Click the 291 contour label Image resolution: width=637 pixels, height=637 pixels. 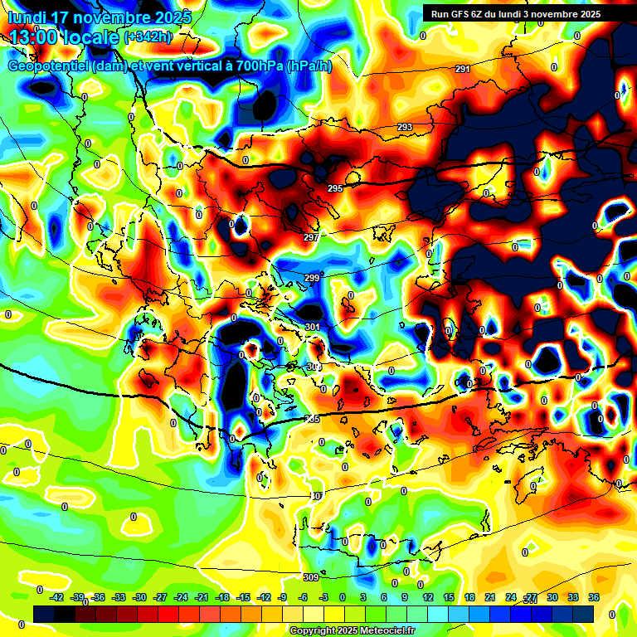(x=463, y=69)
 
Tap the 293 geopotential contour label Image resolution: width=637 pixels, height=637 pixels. (x=405, y=127)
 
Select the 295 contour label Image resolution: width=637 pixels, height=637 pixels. (x=335, y=189)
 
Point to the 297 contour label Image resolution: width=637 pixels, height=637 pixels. (x=311, y=237)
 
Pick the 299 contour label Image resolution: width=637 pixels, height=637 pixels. (x=312, y=278)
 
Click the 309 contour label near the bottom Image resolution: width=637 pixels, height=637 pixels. (x=311, y=577)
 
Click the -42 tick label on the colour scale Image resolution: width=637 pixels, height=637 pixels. (x=57, y=597)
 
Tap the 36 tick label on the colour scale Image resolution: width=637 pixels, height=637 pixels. (x=594, y=597)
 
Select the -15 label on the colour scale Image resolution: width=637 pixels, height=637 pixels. (x=244, y=597)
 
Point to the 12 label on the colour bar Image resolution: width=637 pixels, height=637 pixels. (x=428, y=597)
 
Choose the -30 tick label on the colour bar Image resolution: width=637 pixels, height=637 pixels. (x=140, y=597)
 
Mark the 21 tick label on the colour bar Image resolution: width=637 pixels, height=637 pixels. (x=490, y=597)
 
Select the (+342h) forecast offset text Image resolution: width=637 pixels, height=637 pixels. (x=148, y=37)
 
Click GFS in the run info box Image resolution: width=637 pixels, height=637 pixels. (x=461, y=14)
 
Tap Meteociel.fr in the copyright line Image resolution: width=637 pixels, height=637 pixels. (x=383, y=631)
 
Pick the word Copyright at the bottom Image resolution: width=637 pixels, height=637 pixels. (x=313, y=631)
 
